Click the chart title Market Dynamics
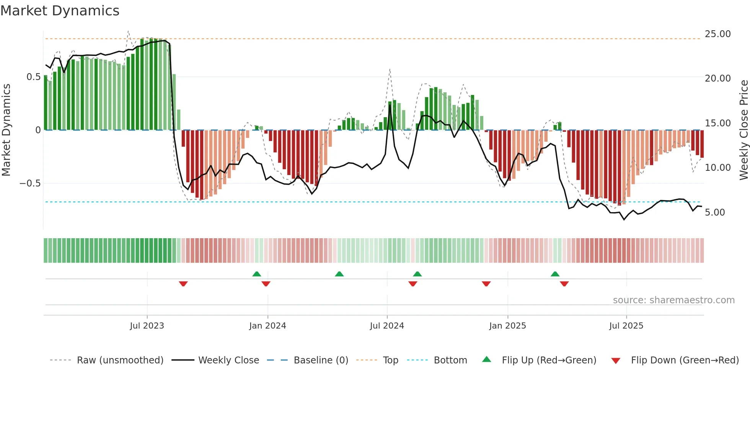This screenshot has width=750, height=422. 60,11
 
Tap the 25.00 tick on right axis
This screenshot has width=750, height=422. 717,34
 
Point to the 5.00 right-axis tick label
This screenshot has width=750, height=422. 714,213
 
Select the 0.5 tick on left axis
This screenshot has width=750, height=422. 33,77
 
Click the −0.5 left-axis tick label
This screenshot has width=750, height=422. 30,183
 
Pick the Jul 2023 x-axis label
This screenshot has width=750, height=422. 147,326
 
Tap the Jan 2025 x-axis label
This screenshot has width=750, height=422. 507,326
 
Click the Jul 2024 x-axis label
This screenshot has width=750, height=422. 386,326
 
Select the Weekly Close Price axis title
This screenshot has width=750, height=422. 743,130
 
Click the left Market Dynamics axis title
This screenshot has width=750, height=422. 6,130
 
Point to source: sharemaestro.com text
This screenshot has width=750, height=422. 673,300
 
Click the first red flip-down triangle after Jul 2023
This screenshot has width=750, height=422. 183,284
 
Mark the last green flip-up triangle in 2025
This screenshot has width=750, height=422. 555,274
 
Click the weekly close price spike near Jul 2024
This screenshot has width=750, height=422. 390,105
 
